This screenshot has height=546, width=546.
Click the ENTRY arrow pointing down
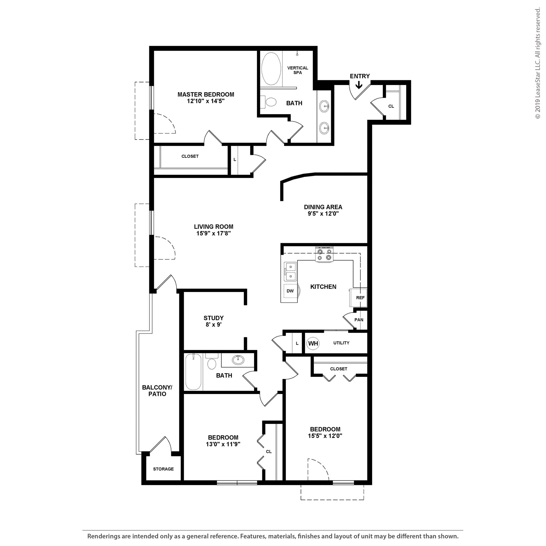[x=359, y=85]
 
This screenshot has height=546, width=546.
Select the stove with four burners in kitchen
[x=324, y=254]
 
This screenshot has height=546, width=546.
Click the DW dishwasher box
[x=290, y=291]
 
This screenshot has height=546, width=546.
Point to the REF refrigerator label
[x=360, y=298]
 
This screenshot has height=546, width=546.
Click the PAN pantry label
[x=359, y=320]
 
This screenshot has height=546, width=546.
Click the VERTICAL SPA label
[x=298, y=70]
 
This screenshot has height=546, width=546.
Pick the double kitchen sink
[x=291, y=271]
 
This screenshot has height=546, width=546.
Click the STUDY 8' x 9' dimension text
[x=213, y=325]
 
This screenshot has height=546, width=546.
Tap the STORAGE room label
[x=163, y=469]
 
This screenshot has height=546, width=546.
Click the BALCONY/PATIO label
[x=157, y=391]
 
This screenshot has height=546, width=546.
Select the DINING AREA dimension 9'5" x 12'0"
[x=323, y=214]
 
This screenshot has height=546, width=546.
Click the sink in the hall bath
[x=238, y=360]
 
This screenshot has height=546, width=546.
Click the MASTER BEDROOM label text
[x=206, y=94]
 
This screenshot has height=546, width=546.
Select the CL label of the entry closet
[x=391, y=106]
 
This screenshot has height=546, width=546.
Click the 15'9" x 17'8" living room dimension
[x=214, y=234]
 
